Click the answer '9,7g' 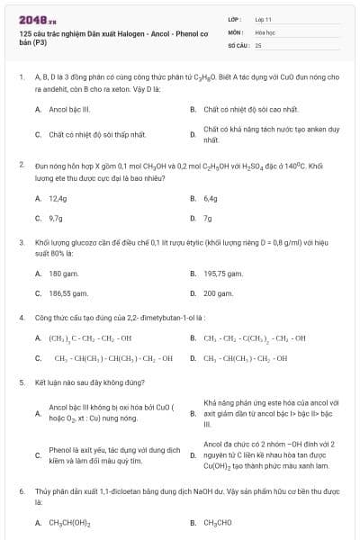click(56, 218)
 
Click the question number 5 click(21, 382)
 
